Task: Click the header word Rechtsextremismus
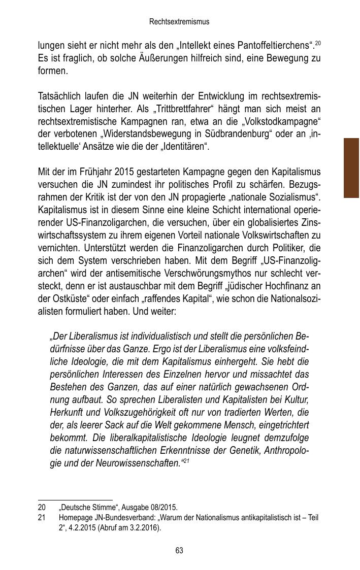coord(179,22)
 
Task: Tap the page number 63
coord(179,551)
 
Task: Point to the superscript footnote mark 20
coord(318,43)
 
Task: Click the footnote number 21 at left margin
coord(42,518)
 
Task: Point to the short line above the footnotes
coord(75,500)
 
